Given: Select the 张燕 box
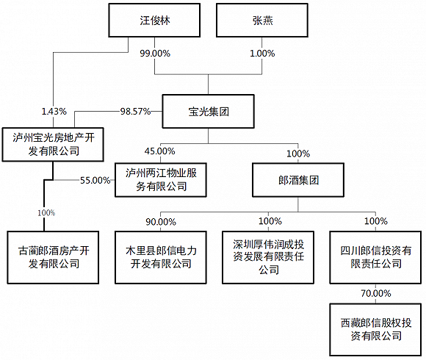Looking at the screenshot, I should pyautogui.click(x=261, y=20).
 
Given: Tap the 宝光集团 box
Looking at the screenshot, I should pyautogui.click(x=208, y=112).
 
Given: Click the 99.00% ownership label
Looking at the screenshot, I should pyautogui.click(x=157, y=54).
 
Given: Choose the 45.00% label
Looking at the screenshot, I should pyautogui.click(x=159, y=151).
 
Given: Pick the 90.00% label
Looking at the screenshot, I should pyautogui.click(x=159, y=221).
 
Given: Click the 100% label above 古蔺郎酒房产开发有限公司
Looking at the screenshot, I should pyautogui.click(x=45, y=213).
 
